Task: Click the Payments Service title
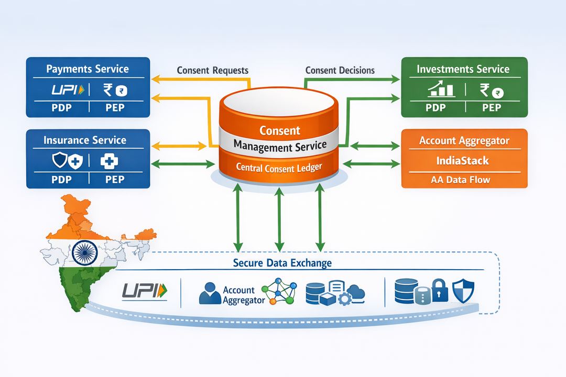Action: pyautogui.click(x=87, y=69)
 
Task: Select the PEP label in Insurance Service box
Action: pyautogui.click(x=114, y=179)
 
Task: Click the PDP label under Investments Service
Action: pyautogui.click(x=436, y=108)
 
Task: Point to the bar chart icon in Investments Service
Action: pyautogui.click(x=440, y=90)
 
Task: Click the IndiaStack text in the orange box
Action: pyautogui.click(x=463, y=160)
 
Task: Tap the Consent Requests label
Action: pyautogui.click(x=213, y=70)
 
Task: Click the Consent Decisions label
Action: pyautogui.click(x=340, y=70)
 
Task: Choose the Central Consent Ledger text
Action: pyautogui.click(x=279, y=168)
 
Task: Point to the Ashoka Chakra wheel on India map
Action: pyautogui.click(x=83, y=252)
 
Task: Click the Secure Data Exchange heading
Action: pyautogui.click(x=282, y=263)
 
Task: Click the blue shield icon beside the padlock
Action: pyautogui.click(x=463, y=291)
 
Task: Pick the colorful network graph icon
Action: pyautogui.click(x=278, y=291)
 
